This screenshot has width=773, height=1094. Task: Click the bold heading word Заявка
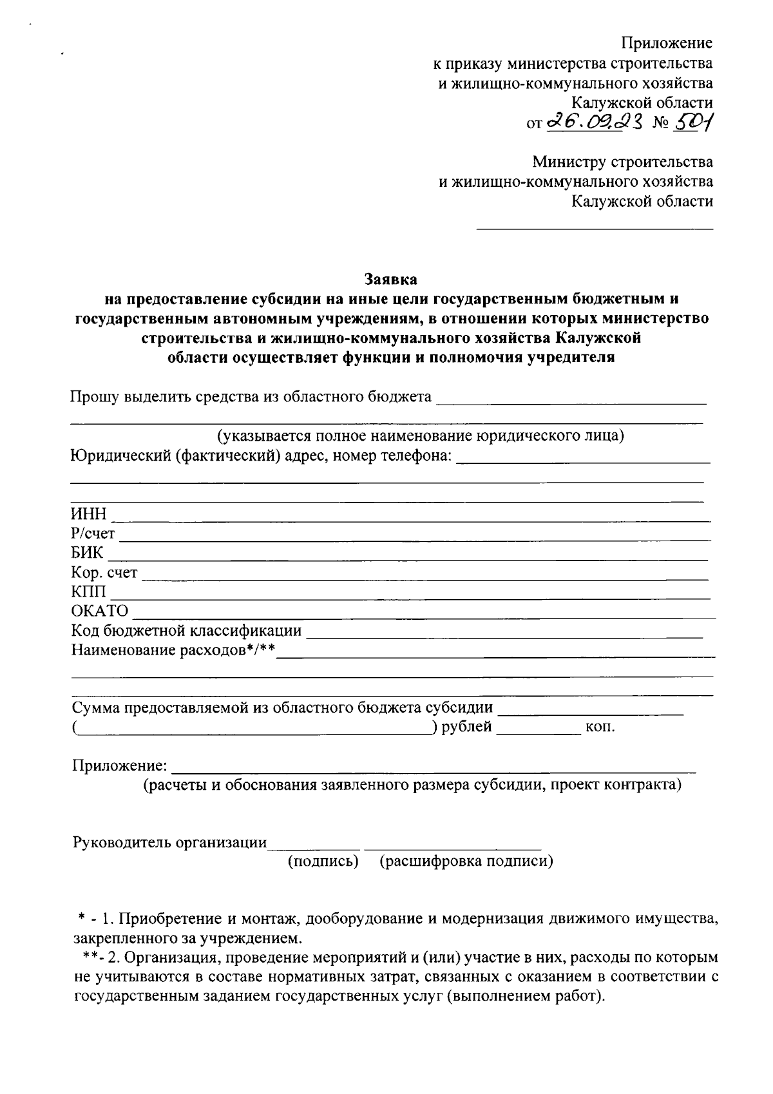point(390,280)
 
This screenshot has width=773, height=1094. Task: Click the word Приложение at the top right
point(667,43)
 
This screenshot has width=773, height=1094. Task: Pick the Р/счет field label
point(93,533)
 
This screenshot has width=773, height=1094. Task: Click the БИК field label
point(87,553)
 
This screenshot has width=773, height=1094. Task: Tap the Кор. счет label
point(104,572)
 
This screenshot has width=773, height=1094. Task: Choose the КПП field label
point(88,591)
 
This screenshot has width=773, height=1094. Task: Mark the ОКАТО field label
point(100,611)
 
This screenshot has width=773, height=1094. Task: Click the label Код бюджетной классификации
point(186,630)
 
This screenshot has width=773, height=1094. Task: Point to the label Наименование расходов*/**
point(173,649)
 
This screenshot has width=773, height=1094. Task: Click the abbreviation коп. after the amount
point(600,727)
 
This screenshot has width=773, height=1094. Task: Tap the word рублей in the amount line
point(466,727)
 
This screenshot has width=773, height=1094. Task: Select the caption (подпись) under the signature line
point(323,861)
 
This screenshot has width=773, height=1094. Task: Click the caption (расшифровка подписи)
point(466,861)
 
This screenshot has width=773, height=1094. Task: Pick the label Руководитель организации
point(170,842)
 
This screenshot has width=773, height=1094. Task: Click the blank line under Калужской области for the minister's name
point(594,227)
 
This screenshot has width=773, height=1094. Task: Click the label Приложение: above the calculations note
point(120,766)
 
